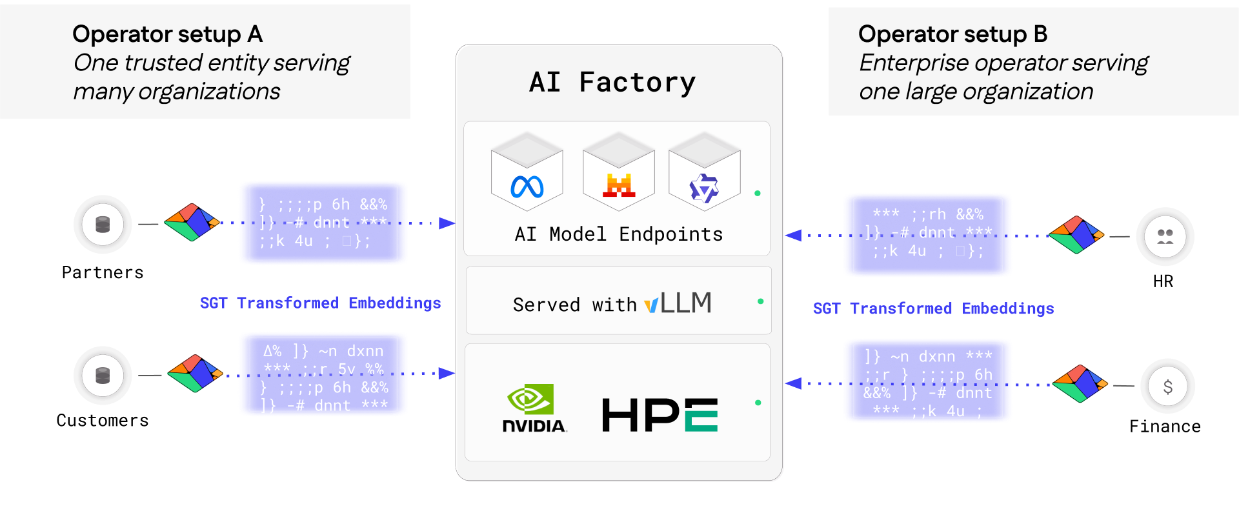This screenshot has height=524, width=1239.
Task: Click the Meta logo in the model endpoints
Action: point(527,187)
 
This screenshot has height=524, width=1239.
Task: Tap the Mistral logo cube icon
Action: point(619,185)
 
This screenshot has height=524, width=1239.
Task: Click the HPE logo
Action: point(660,414)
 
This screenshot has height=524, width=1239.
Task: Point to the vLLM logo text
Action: point(678,303)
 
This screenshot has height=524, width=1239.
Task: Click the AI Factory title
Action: point(612,83)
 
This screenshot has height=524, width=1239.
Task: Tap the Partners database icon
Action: point(103,225)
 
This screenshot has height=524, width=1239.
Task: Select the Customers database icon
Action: point(103,376)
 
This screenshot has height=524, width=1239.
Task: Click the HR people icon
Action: point(1165,237)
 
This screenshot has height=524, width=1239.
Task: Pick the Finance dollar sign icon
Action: point(1167,387)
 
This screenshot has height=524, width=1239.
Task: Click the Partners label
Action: point(103,272)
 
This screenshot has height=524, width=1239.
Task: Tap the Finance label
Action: point(1165,427)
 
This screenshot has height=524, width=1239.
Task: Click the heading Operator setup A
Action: point(167,34)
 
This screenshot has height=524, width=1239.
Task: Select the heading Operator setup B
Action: point(952,34)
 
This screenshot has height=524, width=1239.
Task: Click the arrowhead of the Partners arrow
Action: point(447,223)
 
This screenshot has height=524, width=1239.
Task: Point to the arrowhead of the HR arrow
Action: point(793,236)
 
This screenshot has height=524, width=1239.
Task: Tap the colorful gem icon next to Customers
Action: point(194,373)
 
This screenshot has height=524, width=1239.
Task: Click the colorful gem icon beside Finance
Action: point(1080,384)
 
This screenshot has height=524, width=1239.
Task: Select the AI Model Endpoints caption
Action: point(618,234)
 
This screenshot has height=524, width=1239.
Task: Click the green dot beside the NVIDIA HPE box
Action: point(758,403)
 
